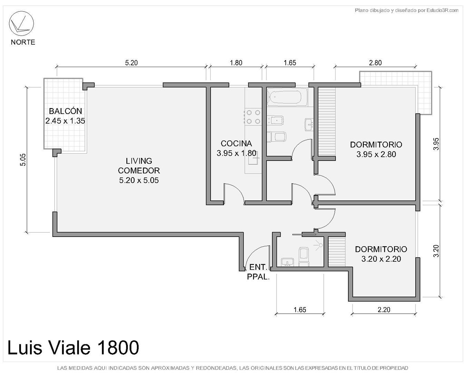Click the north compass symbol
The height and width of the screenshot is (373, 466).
(21, 23)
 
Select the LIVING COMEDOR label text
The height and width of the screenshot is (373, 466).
(139, 165)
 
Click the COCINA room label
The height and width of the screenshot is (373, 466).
(236, 143)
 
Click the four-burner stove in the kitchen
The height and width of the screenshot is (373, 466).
(253, 117)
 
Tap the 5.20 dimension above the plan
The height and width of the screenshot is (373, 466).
(131, 63)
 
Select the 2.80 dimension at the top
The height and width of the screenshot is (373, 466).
(375, 63)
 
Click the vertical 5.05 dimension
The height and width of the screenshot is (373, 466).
(23, 160)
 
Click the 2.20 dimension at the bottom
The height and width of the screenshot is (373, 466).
(384, 309)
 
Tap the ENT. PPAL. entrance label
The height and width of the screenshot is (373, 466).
(258, 272)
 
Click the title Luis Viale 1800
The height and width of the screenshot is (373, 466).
(73, 347)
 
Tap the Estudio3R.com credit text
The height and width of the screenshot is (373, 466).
(442, 10)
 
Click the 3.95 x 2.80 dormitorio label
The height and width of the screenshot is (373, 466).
(376, 154)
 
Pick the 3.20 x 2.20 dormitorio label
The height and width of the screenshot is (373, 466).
(381, 259)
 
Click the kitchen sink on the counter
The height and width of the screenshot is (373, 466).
(253, 161)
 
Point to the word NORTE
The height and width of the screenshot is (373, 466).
(23, 42)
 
